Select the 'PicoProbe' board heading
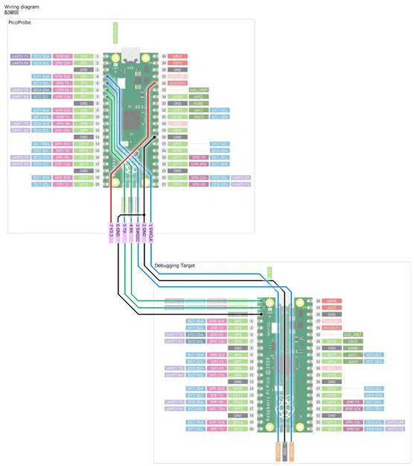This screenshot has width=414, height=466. (x=22, y=25)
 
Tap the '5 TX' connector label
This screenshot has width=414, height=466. (x=124, y=230)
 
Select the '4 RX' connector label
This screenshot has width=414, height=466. (x=131, y=230)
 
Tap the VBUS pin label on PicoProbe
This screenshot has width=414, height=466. (x=177, y=56)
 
